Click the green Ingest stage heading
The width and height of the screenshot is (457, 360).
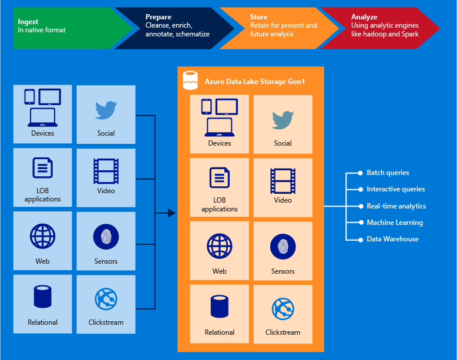click(x=28, y=22)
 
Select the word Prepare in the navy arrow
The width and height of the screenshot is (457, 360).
click(x=159, y=17)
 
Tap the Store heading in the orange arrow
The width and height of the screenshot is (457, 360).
click(x=259, y=17)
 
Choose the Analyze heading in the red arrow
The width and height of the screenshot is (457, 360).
click(x=364, y=17)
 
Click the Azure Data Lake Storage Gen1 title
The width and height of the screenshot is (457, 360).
click(x=255, y=81)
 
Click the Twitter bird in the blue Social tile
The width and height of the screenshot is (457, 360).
click(x=106, y=110)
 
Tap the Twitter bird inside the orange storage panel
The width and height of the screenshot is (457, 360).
click(x=283, y=120)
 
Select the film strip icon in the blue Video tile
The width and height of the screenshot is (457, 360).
click(x=106, y=171)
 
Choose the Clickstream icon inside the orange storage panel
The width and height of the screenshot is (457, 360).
click(x=283, y=309)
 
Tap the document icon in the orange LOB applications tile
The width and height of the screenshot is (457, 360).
click(x=220, y=178)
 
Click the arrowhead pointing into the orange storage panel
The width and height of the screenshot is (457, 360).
click(x=172, y=213)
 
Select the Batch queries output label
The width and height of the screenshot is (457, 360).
click(x=388, y=173)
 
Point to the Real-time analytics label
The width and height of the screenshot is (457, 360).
click(x=396, y=206)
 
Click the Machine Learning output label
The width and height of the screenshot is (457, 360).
click(x=395, y=223)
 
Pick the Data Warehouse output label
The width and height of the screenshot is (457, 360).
click(x=392, y=239)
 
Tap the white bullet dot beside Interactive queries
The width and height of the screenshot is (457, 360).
click(x=361, y=190)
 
